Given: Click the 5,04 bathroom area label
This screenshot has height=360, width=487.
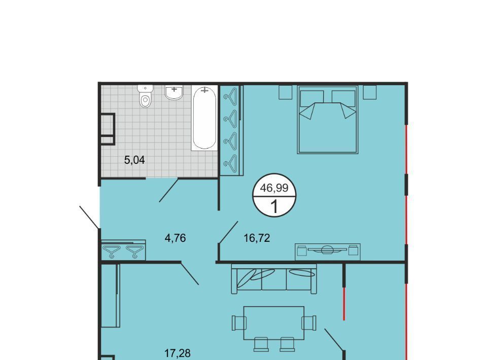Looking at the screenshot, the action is (x=134, y=160).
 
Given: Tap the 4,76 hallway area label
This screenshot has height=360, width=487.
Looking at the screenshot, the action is (x=175, y=238).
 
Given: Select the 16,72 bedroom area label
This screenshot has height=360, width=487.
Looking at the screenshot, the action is (x=257, y=238).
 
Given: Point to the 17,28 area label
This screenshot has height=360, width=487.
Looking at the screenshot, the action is (x=178, y=353).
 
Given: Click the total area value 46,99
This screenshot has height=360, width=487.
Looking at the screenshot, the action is (x=274, y=188).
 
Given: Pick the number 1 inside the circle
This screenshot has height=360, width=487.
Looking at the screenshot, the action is (x=274, y=206).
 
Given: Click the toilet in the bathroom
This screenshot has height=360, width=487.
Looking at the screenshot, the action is (x=146, y=96).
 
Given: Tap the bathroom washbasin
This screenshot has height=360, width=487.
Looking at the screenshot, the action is (x=174, y=92).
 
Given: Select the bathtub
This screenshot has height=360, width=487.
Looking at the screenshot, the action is (x=204, y=118).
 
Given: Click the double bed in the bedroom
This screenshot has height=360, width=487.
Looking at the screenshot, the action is (x=328, y=120).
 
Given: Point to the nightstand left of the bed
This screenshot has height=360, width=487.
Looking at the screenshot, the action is (x=286, y=92).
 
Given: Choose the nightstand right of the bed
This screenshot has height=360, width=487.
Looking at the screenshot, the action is (x=370, y=92).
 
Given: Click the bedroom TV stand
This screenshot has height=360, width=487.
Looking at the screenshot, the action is (x=328, y=251).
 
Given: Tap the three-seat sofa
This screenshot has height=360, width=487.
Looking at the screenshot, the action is (x=274, y=279).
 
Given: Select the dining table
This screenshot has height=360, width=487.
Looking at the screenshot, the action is (x=273, y=323).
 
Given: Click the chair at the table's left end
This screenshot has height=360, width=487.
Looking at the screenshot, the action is (x=239, y=323).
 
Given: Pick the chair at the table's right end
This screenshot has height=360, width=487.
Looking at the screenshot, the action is (x=309, y=323).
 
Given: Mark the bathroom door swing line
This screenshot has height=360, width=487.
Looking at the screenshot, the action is (x=168, y=190).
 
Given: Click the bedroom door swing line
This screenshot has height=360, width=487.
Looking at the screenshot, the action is (x=228, y=232).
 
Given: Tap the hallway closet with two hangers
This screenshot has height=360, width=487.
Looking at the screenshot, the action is (x=123, y=250).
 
